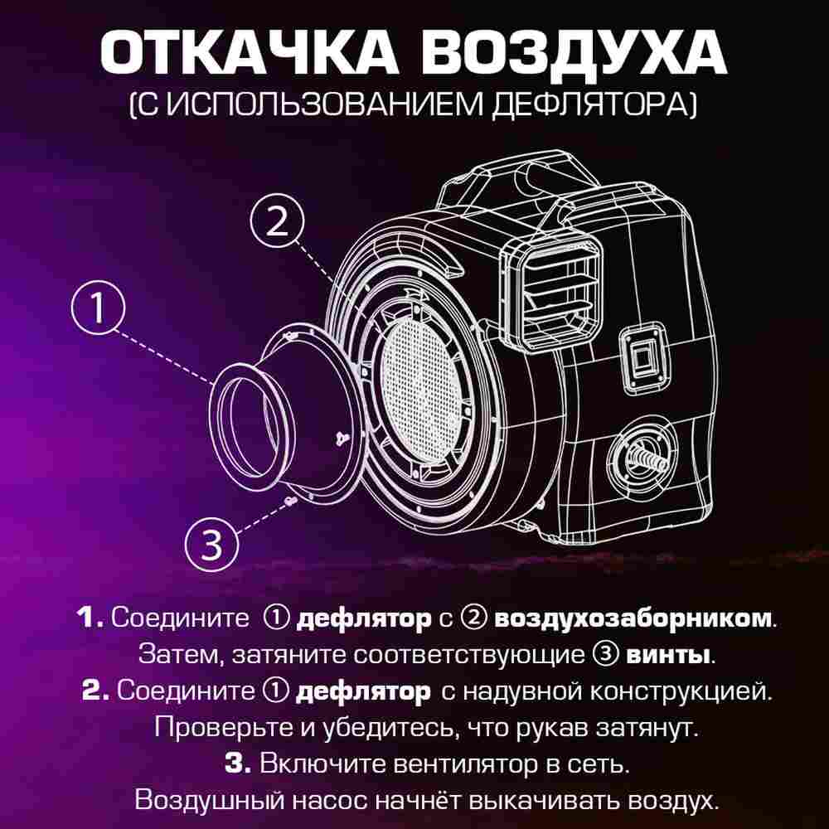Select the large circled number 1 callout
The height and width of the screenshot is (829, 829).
97,308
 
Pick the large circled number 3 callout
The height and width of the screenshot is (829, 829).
212,545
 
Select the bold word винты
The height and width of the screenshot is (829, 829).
668,654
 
